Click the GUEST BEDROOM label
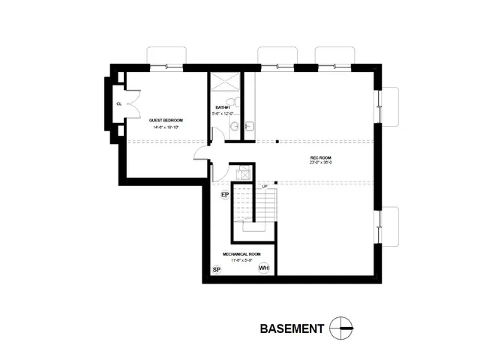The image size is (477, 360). (x=166, y=120)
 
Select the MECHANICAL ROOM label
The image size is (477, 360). (x=241, y=254)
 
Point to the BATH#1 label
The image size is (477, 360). (x=222, y=107)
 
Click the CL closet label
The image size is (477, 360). (x=118, y=104)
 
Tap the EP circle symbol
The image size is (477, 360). (x=224, y=195)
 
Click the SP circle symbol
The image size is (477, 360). (x=216, y=269)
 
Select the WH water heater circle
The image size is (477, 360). (x=263, y=268)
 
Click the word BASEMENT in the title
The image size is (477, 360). (x=292, y=328)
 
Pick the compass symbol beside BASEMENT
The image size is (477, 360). (x=344, y=328)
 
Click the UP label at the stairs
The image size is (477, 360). (x=264, y=185)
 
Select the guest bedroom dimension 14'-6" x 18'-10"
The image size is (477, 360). (x=166, y=127)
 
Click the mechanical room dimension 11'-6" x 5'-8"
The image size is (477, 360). (x=241, y=260)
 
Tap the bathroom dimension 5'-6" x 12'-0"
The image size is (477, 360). (x=222, y=113)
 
